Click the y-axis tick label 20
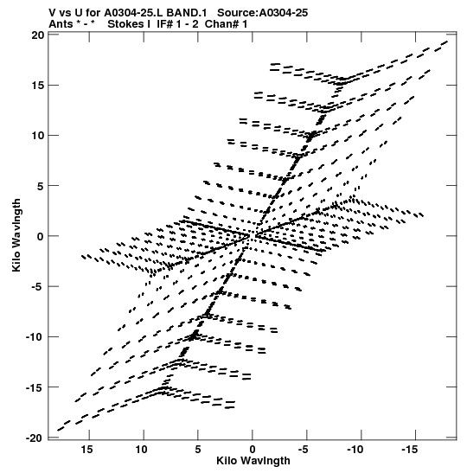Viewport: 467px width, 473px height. (x=38, y=35)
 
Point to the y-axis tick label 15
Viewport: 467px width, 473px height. (x=38, y=86)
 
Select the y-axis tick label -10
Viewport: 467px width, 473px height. (x=35, y=336)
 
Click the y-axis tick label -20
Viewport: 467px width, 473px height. (x=35, y=438)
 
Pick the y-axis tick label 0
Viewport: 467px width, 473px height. (x=41, y=236)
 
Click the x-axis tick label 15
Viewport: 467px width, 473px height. (x=86, y=450)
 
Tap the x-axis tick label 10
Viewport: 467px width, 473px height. (x=141, y=450)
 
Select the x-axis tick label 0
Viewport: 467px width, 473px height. (x=253, y=450)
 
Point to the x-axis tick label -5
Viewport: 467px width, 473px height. (x=304, y=450)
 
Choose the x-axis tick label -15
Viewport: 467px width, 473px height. (x=409, y=450)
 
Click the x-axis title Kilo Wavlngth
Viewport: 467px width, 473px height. (x=253, y=461)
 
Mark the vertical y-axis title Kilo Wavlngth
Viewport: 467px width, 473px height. (x=16, y=235)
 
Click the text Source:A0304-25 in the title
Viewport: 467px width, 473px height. (x=262, y=13)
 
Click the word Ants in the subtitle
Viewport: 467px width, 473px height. (x=61, y=24)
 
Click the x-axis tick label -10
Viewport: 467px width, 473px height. (x=355, y=450)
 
